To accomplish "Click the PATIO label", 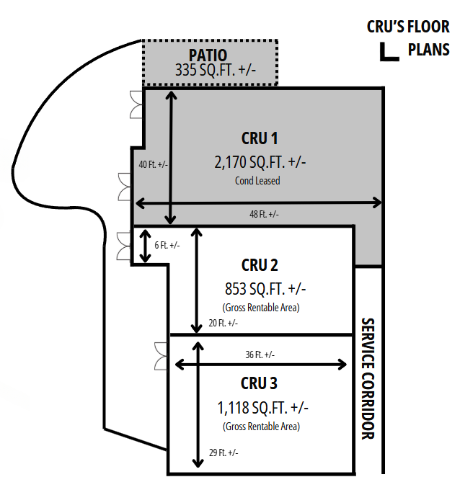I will (208, 55).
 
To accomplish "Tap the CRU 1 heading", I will (259, 138).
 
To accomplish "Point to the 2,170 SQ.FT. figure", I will (260, 161).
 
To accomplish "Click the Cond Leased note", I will (257, 181).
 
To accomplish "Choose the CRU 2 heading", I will (260, 264).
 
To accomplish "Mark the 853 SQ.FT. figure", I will (265, 288).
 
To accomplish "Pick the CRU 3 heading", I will (259, 383).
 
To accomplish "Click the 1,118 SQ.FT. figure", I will (262, 407).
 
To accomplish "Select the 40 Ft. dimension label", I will (153, 164).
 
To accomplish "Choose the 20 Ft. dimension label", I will (223, 324).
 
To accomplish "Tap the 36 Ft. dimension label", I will (259, 355).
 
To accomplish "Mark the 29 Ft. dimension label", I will (223, 453).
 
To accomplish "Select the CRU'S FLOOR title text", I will (408, 28).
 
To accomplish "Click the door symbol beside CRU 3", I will (161, 353).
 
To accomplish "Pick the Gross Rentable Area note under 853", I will (260, 308).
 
